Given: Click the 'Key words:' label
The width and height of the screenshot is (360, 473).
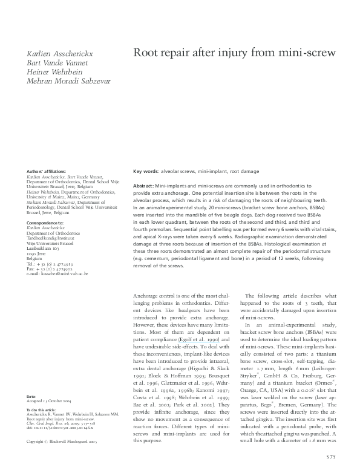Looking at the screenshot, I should point(146,172).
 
